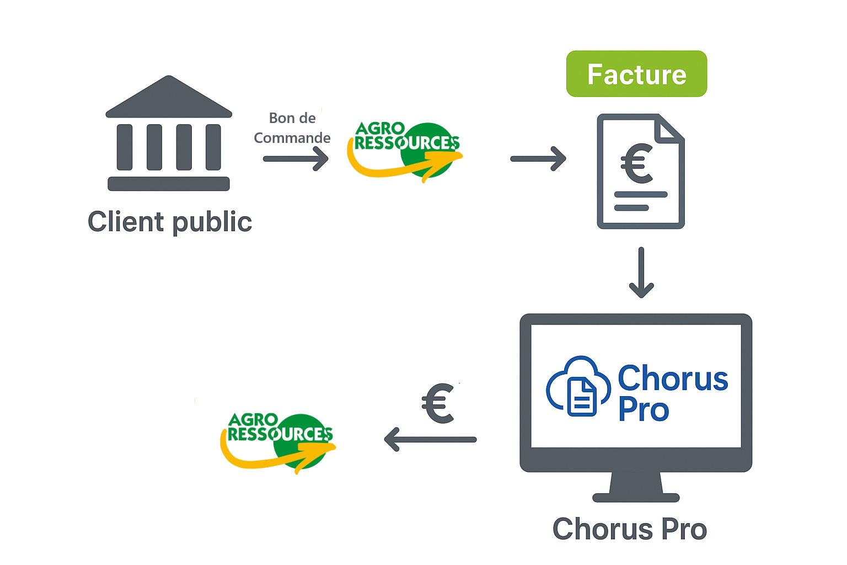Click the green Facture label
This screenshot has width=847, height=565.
click(x=636, y=74)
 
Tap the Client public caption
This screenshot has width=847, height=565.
click(x=170, y=222)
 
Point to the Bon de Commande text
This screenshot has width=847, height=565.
click(x=292, y=128)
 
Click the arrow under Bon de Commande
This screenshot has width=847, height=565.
click(x=296, y=159)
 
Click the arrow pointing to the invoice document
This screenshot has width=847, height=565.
click(x=538, y=159)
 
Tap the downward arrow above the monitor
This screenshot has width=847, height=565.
click(x=641, y=273)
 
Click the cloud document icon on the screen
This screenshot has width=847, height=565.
click(x=578, y=386)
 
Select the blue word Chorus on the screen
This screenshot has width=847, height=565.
click(x=673, y=379)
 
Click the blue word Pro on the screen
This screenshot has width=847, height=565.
click(x=644, y=409)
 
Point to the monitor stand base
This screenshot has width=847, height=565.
click(x=636, y=497)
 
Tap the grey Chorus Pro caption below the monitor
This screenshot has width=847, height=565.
click(x=630, y=529)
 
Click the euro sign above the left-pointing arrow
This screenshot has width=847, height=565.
click(x=438, y=403)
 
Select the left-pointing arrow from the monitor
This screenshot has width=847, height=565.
click(x=430, y=440)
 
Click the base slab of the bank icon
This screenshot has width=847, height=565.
click(x=169, y=184)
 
